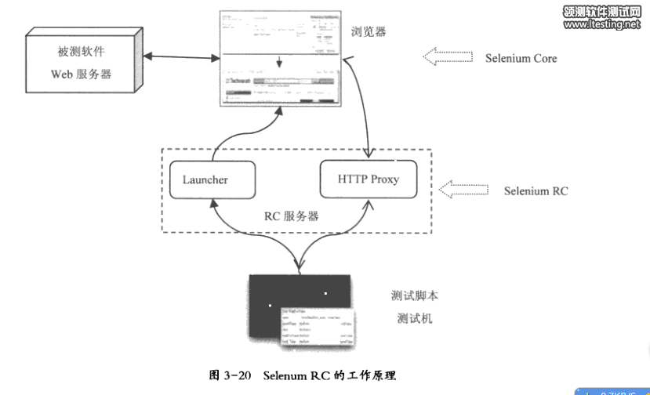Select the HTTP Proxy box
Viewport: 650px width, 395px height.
tap(368, 179)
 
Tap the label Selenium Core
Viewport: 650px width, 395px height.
tap(521, 58)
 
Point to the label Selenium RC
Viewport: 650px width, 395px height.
tap(536, 190)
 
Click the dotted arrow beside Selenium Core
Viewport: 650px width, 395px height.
tap(448, 56)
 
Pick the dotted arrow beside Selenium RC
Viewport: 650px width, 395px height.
tap(465, 188)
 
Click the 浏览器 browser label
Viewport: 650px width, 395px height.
tap(369, 31)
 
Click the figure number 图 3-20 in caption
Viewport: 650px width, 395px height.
tap(230, 375)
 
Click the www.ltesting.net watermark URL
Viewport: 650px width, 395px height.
tap(601, 24)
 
